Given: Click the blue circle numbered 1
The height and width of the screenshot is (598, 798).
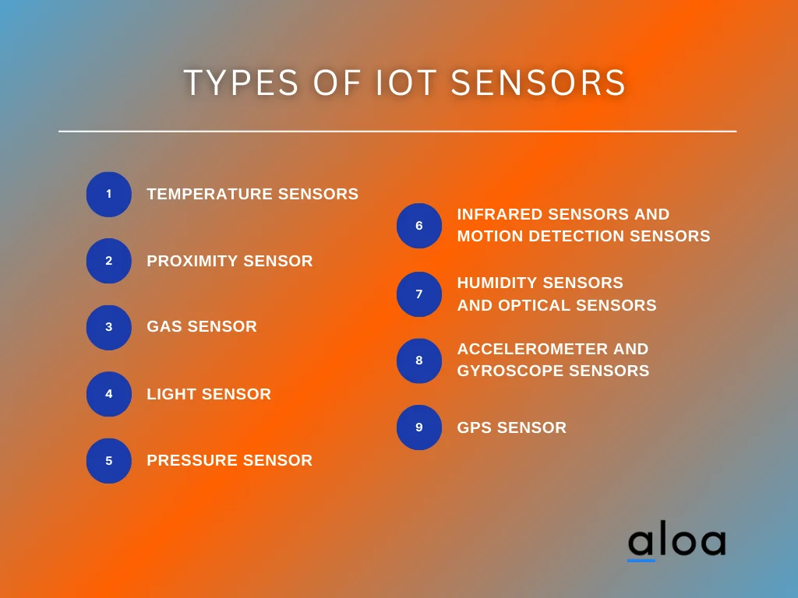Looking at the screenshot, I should click(x=108, y=194).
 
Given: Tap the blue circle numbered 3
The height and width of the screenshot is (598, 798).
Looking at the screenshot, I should click(x=108, y=327).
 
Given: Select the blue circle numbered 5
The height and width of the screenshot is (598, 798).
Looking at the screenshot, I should click(x=108, y=460).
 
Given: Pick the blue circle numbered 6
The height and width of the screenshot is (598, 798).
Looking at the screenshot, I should click(x=418, y=226).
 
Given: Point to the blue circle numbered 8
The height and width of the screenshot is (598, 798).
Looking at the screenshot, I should click(x=418, y=361).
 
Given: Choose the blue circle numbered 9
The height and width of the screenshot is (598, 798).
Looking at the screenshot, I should click(x=418, y=427).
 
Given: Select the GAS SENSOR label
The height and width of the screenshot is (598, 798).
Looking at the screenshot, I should click(x=202, y=327).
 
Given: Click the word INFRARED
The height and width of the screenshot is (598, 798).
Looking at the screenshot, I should click(x=499, y=214).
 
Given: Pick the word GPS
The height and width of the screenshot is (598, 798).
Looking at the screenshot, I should click(x=474, y=427).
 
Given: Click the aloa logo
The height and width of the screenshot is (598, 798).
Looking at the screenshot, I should click(x=676, y=543).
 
